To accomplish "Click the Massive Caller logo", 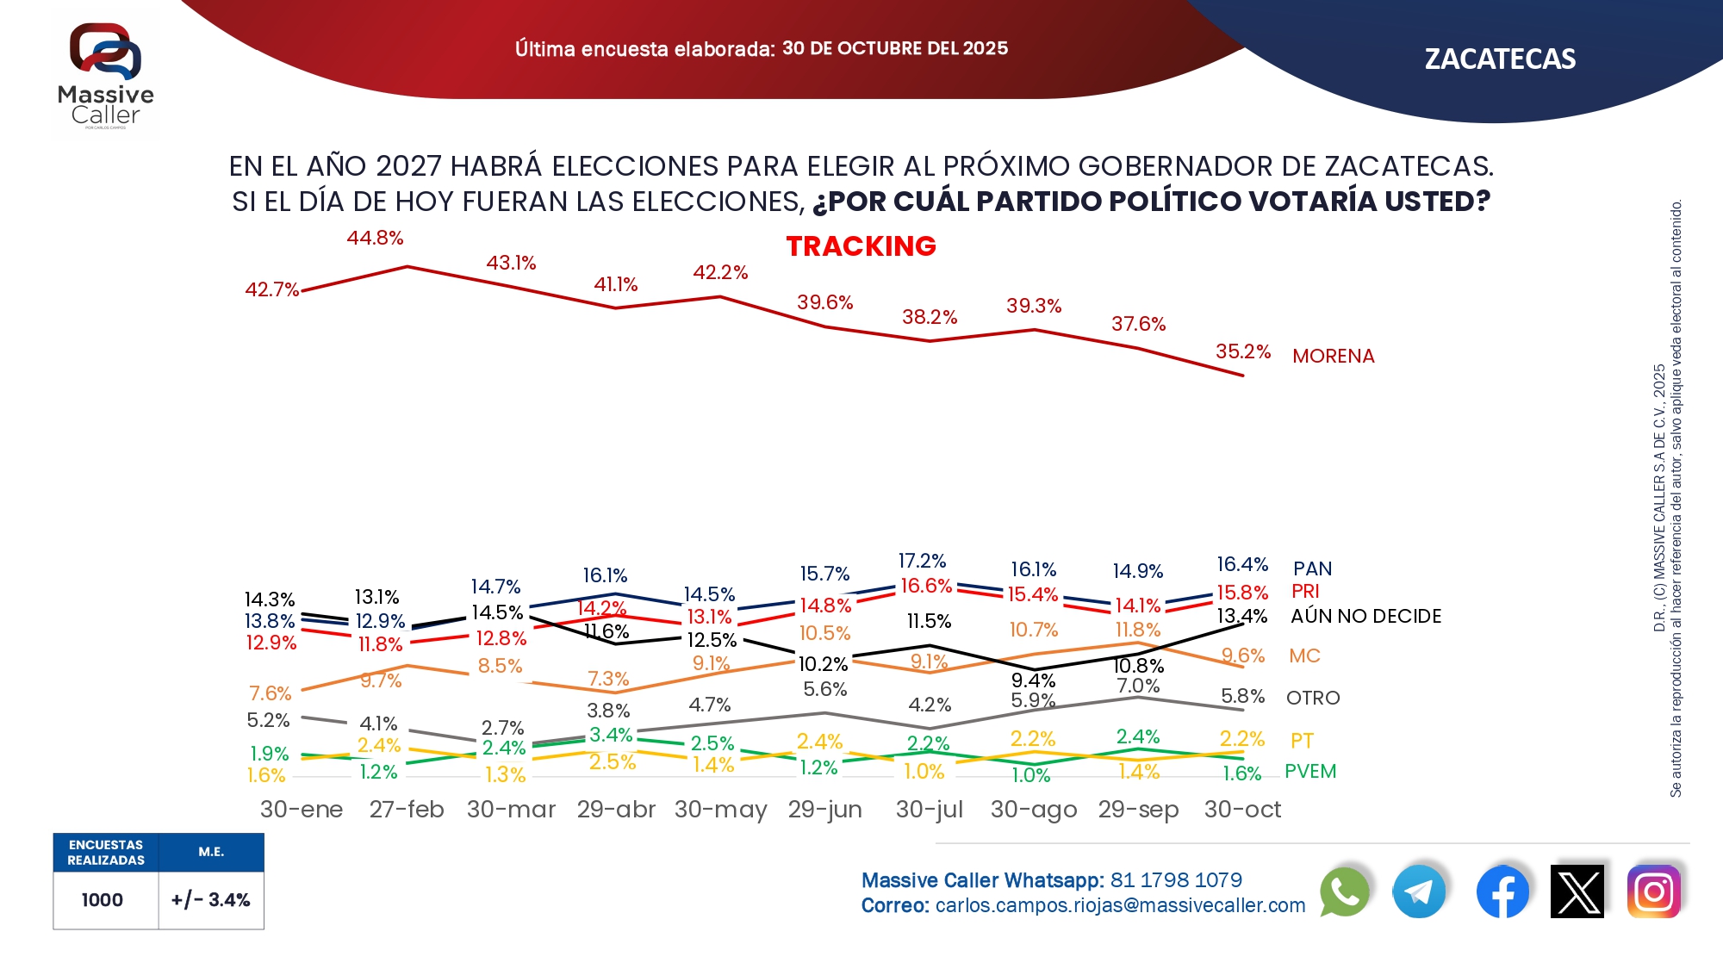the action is (106, 76).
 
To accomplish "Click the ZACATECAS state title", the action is (1500, 59).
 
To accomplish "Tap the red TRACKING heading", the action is (861, 246).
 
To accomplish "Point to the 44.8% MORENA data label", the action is (375, 238).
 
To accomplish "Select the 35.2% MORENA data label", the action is (1243, 351).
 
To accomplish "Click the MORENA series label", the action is (1334, 356).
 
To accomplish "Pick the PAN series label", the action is (1312, 568).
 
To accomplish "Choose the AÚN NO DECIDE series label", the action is (1365, 616).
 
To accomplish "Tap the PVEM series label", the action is (1310, 771).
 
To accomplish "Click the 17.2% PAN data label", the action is (922, 562).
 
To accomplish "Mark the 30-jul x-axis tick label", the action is (930, 810).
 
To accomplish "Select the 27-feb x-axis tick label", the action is (407, 810).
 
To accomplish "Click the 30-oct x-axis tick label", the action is (1242, 810).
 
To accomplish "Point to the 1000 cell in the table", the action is (103, 900).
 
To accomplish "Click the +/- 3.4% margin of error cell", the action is (211, 900).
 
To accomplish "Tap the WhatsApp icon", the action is (1344, 891).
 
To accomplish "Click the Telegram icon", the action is (1419, 891).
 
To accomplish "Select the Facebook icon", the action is (1502, 891).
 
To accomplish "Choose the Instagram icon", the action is (1654, 891).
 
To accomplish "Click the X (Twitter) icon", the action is (1577, 891).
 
